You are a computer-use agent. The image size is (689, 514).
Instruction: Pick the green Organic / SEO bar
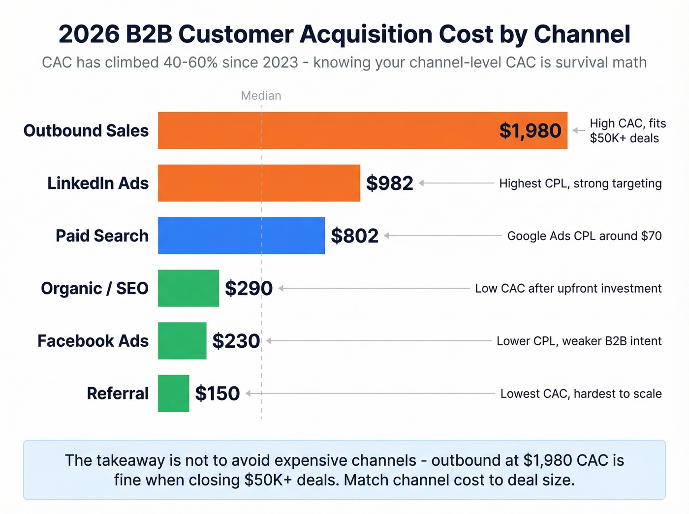click(188, 288)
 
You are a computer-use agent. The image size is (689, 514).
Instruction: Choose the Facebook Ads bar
click(182, 341)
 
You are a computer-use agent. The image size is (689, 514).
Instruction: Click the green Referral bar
click(173, 393)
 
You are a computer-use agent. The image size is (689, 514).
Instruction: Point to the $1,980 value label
click(530, 131)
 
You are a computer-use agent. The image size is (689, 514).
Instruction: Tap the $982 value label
click(389, 183)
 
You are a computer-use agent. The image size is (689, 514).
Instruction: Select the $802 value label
click(354, 236)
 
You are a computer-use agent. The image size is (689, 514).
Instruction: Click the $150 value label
click(217, 393)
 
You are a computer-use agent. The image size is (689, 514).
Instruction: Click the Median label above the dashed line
click(261, 95)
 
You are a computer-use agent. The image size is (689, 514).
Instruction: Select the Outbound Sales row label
click(86, 131)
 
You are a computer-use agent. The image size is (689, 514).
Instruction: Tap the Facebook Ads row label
click(93, 341)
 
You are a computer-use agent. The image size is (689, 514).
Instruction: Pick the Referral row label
click(118, 393)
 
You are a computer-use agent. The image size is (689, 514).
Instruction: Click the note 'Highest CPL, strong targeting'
click(580, 183)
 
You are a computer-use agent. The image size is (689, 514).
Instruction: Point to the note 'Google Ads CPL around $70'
click(584, 236)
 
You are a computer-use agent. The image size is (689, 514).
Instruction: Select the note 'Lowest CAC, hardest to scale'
click(581, 393)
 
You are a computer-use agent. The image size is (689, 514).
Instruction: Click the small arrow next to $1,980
click(578, 131)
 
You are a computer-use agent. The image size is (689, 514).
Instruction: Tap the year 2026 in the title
click(89, 34)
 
